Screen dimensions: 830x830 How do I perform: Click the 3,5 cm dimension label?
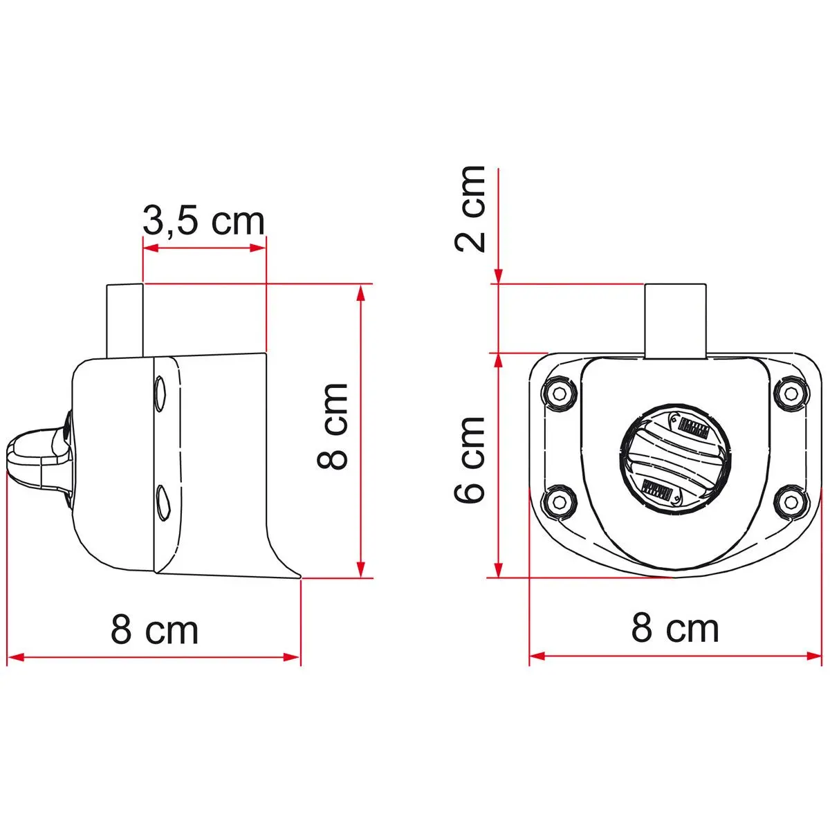pyautogui.click(x=203, y=221)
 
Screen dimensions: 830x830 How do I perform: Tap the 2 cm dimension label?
pyautogui.click(x=470, y=208)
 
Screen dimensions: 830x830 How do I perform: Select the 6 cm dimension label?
pyautogui.click(x=470, y=459)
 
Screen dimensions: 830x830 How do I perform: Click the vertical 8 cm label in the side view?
pyautogui.click(x=332, y=426)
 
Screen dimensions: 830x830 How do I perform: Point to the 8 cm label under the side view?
pyautogui.click(x=155, y=631)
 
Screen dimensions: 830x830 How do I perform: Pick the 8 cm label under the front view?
pyautogui.click(x=675, y=629)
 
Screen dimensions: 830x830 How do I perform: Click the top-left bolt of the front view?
pyautogui.click(x=560, y=392)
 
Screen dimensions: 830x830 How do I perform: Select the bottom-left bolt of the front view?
pyautogui.click(x=560, y=501)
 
